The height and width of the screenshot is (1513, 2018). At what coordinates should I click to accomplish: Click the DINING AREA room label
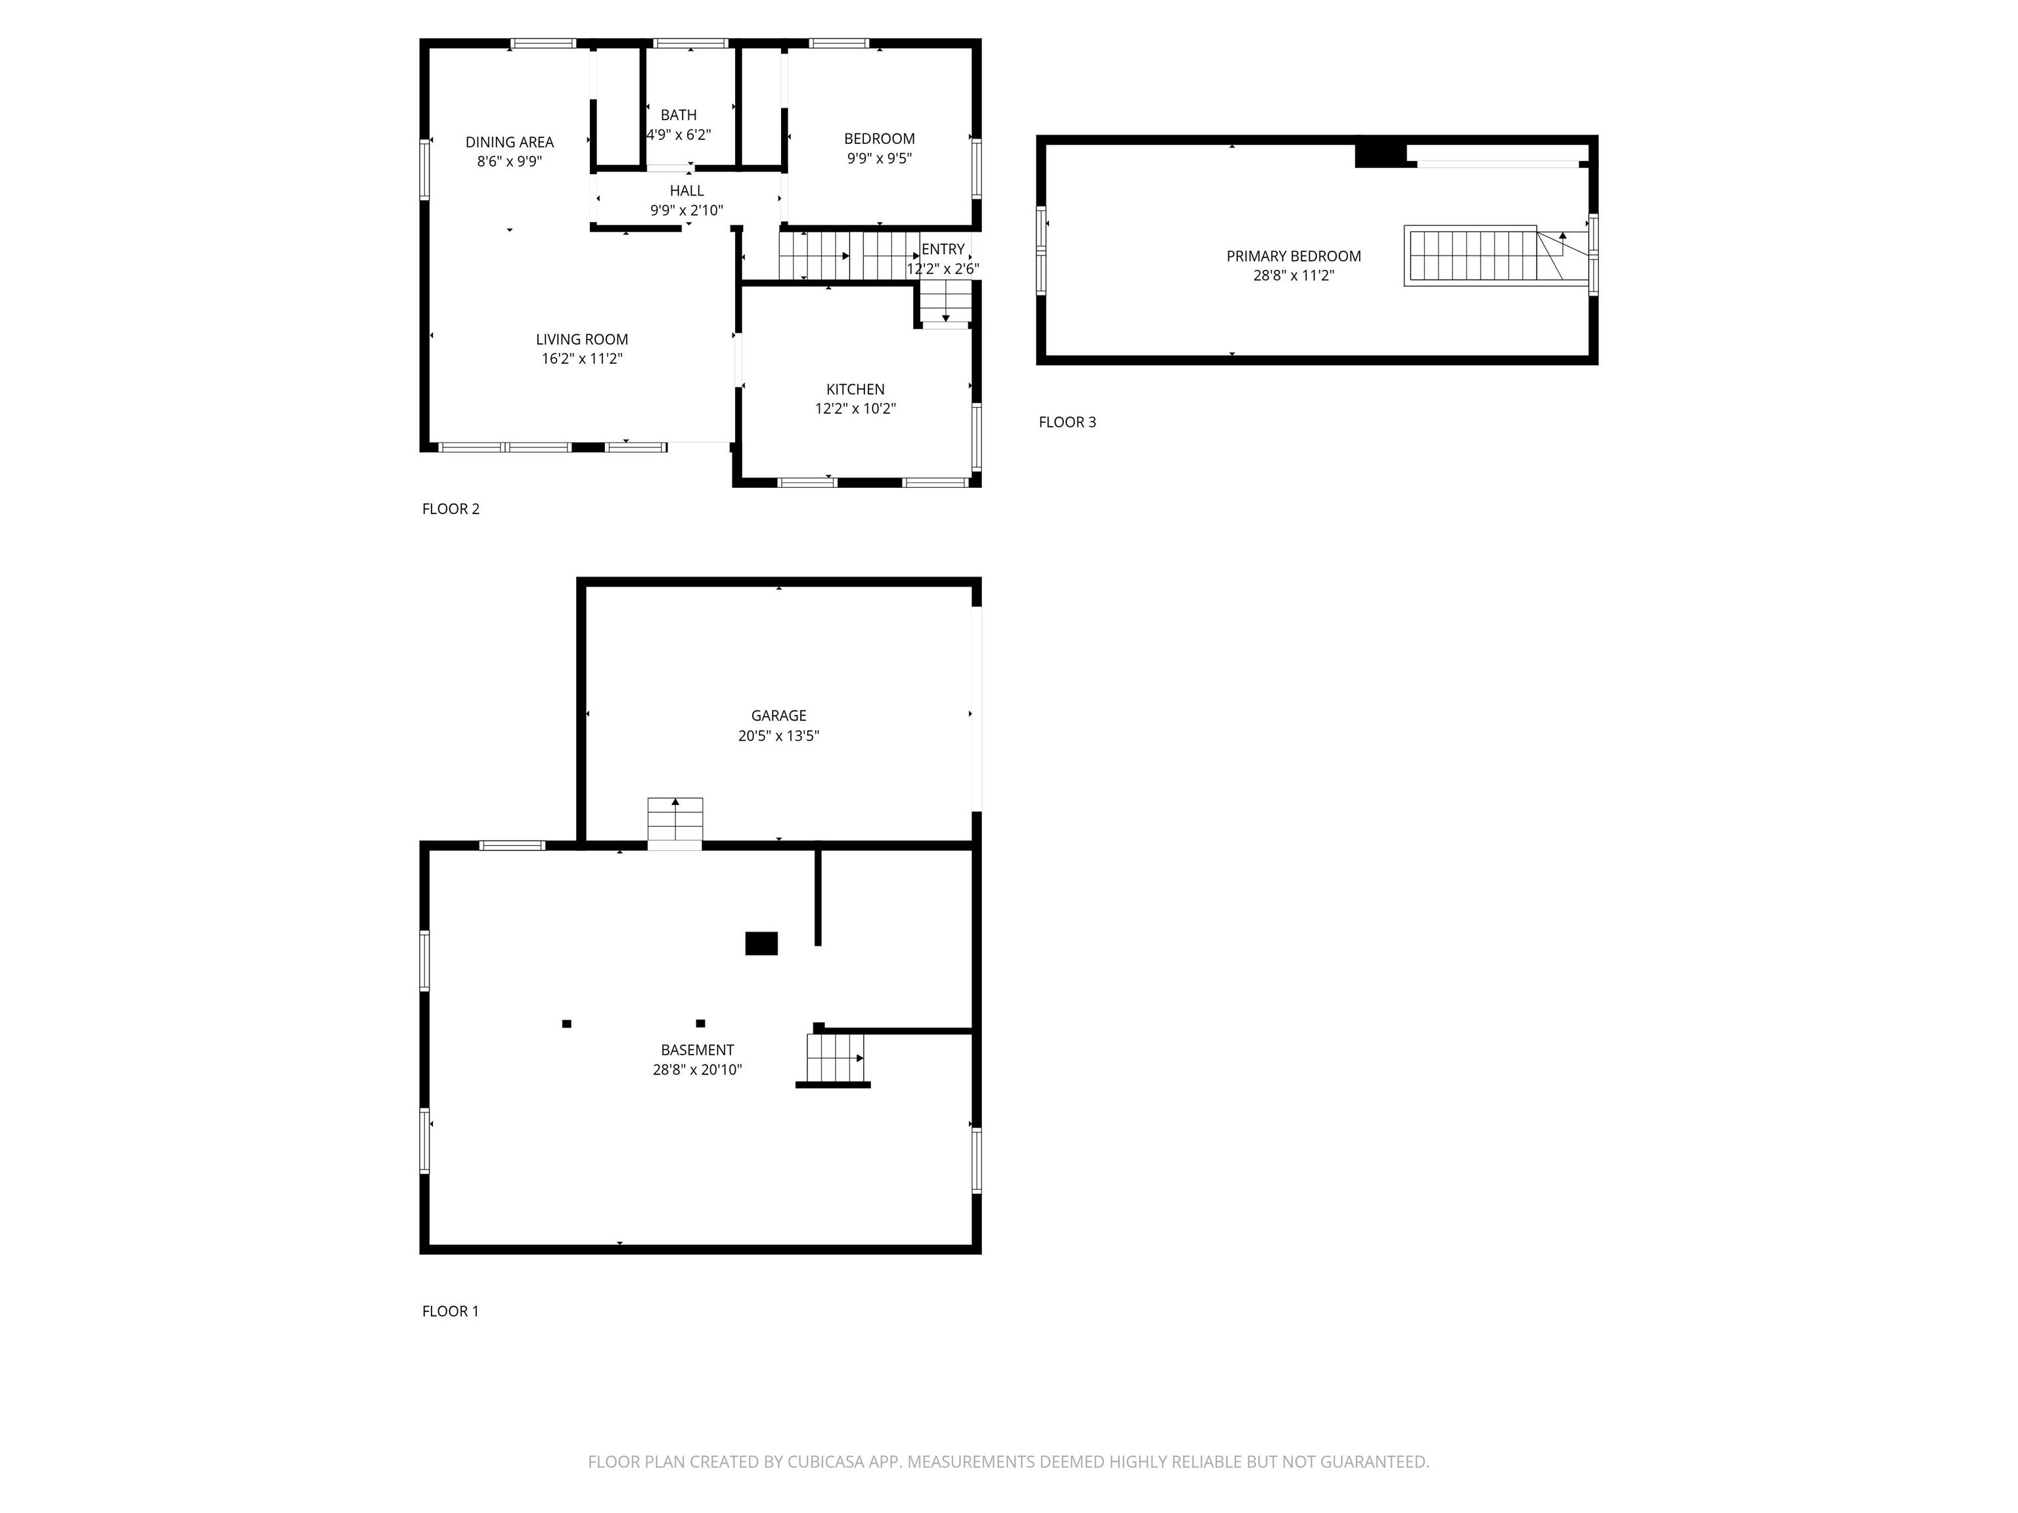509,143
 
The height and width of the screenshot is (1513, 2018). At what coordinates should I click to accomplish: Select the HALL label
687,190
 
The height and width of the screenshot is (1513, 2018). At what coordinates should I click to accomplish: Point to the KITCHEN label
855,389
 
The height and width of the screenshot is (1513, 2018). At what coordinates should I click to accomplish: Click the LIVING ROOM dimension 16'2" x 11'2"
582,359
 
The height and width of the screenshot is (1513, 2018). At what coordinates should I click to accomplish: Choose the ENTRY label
943,249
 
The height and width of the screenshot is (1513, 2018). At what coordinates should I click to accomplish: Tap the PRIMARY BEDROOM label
1293,256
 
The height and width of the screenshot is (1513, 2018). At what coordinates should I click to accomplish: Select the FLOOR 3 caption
1067,422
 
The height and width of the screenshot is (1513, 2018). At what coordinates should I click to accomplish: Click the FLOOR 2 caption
451,509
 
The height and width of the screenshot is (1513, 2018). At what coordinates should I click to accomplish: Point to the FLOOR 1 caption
450,1311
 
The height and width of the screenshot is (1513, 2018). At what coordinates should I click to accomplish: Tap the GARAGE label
778,716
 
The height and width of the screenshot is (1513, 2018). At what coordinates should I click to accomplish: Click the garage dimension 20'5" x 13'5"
778,736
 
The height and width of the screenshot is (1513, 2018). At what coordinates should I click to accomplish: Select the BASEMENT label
697,1051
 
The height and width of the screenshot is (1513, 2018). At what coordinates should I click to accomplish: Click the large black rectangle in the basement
761,943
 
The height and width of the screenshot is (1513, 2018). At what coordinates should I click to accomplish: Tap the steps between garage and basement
675,823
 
